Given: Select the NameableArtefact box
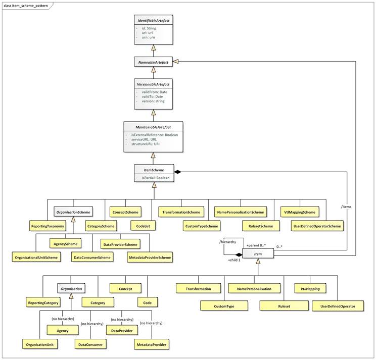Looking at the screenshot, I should [x=154, y=63].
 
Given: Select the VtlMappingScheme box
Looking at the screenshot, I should [x=299, y=212].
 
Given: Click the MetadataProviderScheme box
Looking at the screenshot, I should [x=149, y=258].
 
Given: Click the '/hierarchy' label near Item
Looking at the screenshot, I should [x=228, y=242].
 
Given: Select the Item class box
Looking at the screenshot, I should [x=258, y=253].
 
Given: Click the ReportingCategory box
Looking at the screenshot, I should [x=43, y=303].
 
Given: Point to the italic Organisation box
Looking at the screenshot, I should [x=70, y=289].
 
